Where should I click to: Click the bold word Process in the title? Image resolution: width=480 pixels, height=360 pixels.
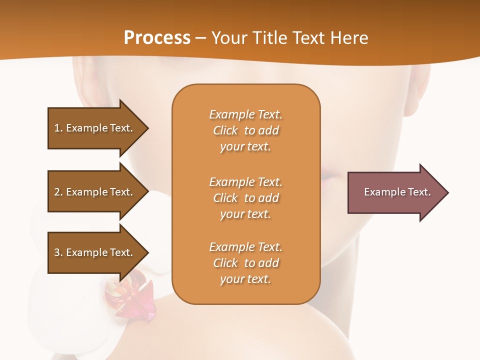click(x=157, y=38)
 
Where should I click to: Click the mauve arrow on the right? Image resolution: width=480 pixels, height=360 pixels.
click(x=395, y=192)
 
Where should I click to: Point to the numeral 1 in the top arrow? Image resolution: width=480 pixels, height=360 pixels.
click(x=57, y=128)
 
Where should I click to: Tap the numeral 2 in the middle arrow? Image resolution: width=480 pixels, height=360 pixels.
click(x=57, y=192)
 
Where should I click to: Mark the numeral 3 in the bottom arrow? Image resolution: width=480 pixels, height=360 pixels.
click(x=57, y=252)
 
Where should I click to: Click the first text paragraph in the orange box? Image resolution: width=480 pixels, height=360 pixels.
click(x=245, y=130)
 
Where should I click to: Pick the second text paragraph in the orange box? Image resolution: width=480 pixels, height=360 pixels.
click(x=245, y=198)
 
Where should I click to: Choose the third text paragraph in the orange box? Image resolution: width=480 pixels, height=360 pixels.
click(x=245, y=263)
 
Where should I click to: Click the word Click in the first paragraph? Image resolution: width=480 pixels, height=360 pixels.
click(x=225, y=130)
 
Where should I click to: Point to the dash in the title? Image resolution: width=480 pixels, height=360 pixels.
click(x=200, y=38)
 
